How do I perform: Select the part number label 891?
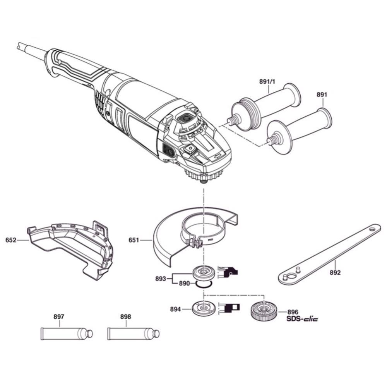[x=322, y=94]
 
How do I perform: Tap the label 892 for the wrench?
[x=335, y=272]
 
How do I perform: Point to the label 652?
[x=11, y=240]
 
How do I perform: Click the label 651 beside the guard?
[x=134, y=240]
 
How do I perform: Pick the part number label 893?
[x=160, y=278]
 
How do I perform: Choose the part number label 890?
[x=184, y=283]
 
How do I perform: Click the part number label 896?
[x=293, y=312]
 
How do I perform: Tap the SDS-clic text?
[x=302, y=320]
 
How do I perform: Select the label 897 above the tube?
[x=59, y=317]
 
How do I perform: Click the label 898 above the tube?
[x=126, y=317]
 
